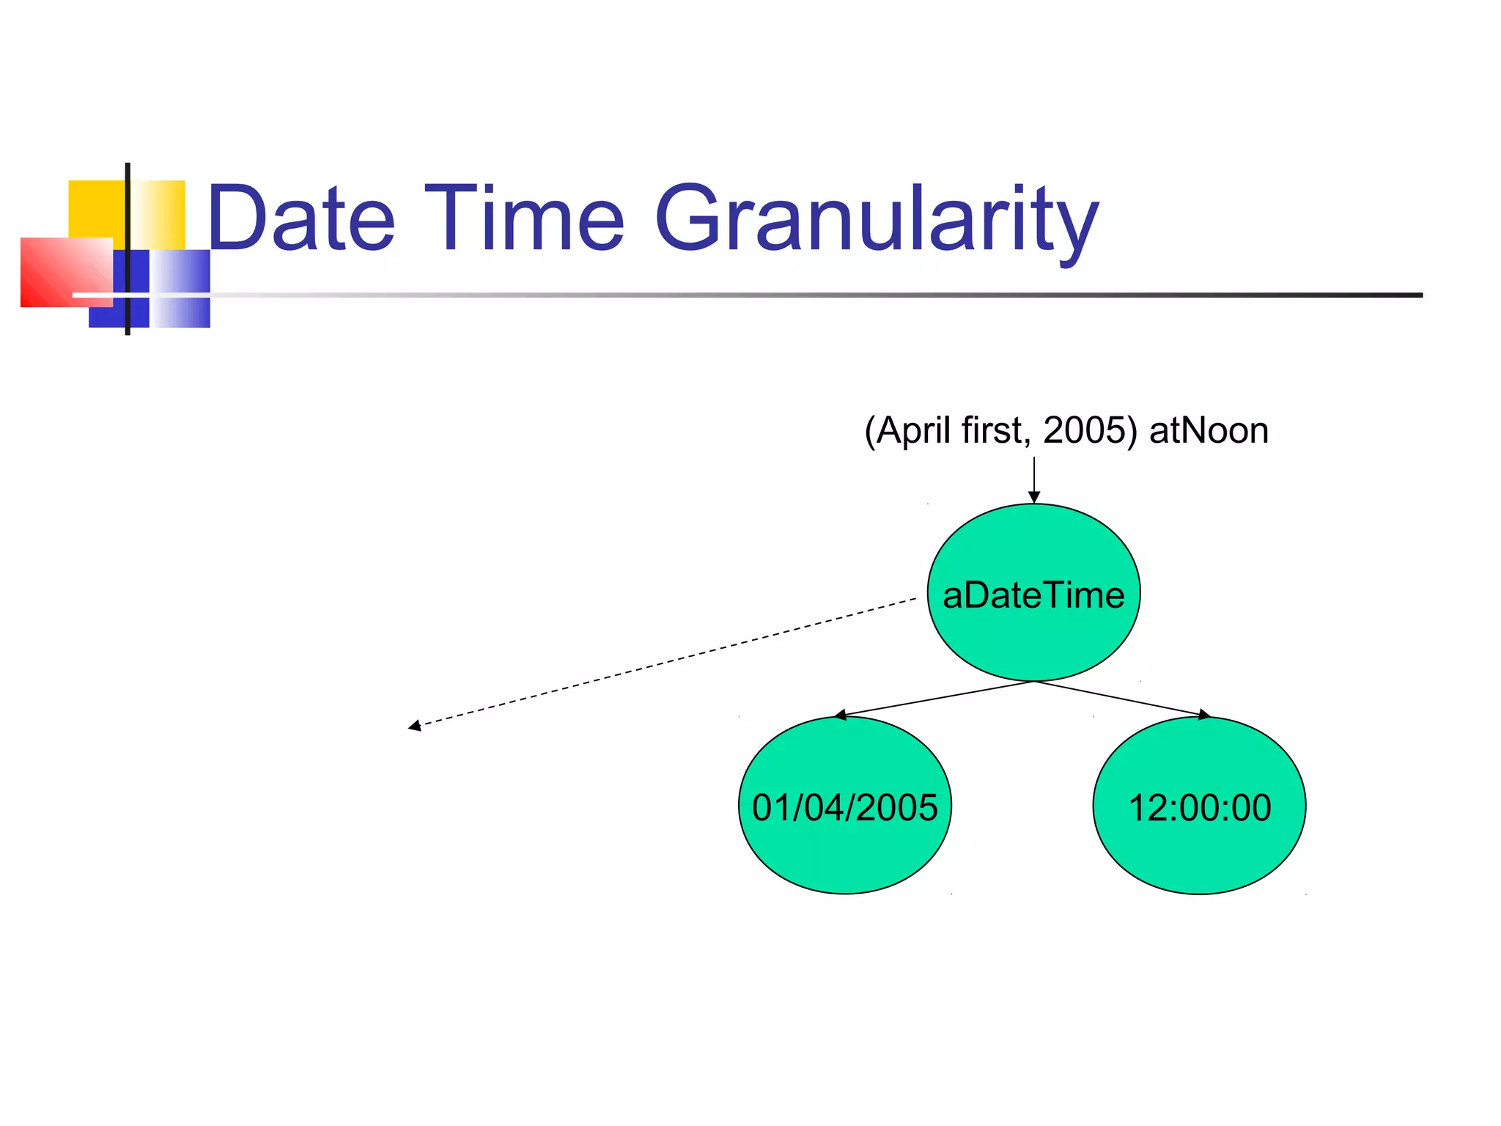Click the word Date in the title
point(301,218)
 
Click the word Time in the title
point(525,218)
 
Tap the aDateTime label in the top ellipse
point(1033,595)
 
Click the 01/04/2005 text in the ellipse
point(844,807)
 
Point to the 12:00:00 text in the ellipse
point(1200,807)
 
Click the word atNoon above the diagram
point(1209,430)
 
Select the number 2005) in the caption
point(1090,430)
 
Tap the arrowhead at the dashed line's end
point(415,726)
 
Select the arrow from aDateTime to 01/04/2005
point(934,698)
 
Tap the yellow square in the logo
point(95,209)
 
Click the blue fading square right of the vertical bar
point(180,288)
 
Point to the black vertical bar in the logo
point(128,220)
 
